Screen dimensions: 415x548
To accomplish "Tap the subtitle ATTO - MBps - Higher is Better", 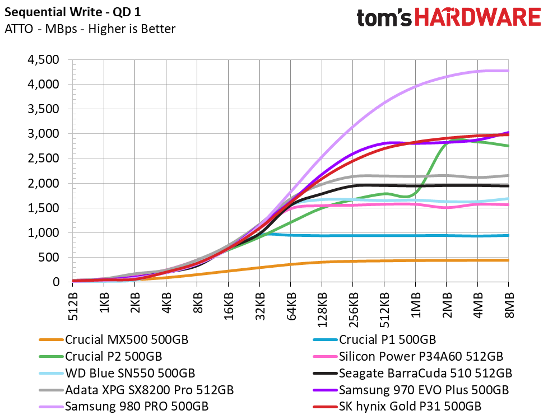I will coord(90,29).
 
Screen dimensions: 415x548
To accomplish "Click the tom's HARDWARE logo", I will coord(449,17).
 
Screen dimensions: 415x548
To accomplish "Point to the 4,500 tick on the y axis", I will coord(43,60).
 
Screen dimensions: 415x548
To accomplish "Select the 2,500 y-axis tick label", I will coord(43,158).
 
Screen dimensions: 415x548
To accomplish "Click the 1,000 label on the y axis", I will coord(43,233).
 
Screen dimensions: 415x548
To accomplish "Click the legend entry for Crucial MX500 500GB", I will coord(127,340).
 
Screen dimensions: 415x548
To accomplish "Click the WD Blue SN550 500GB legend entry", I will coord(131,373).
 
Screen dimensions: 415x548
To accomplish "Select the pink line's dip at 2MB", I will coord(446,208).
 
